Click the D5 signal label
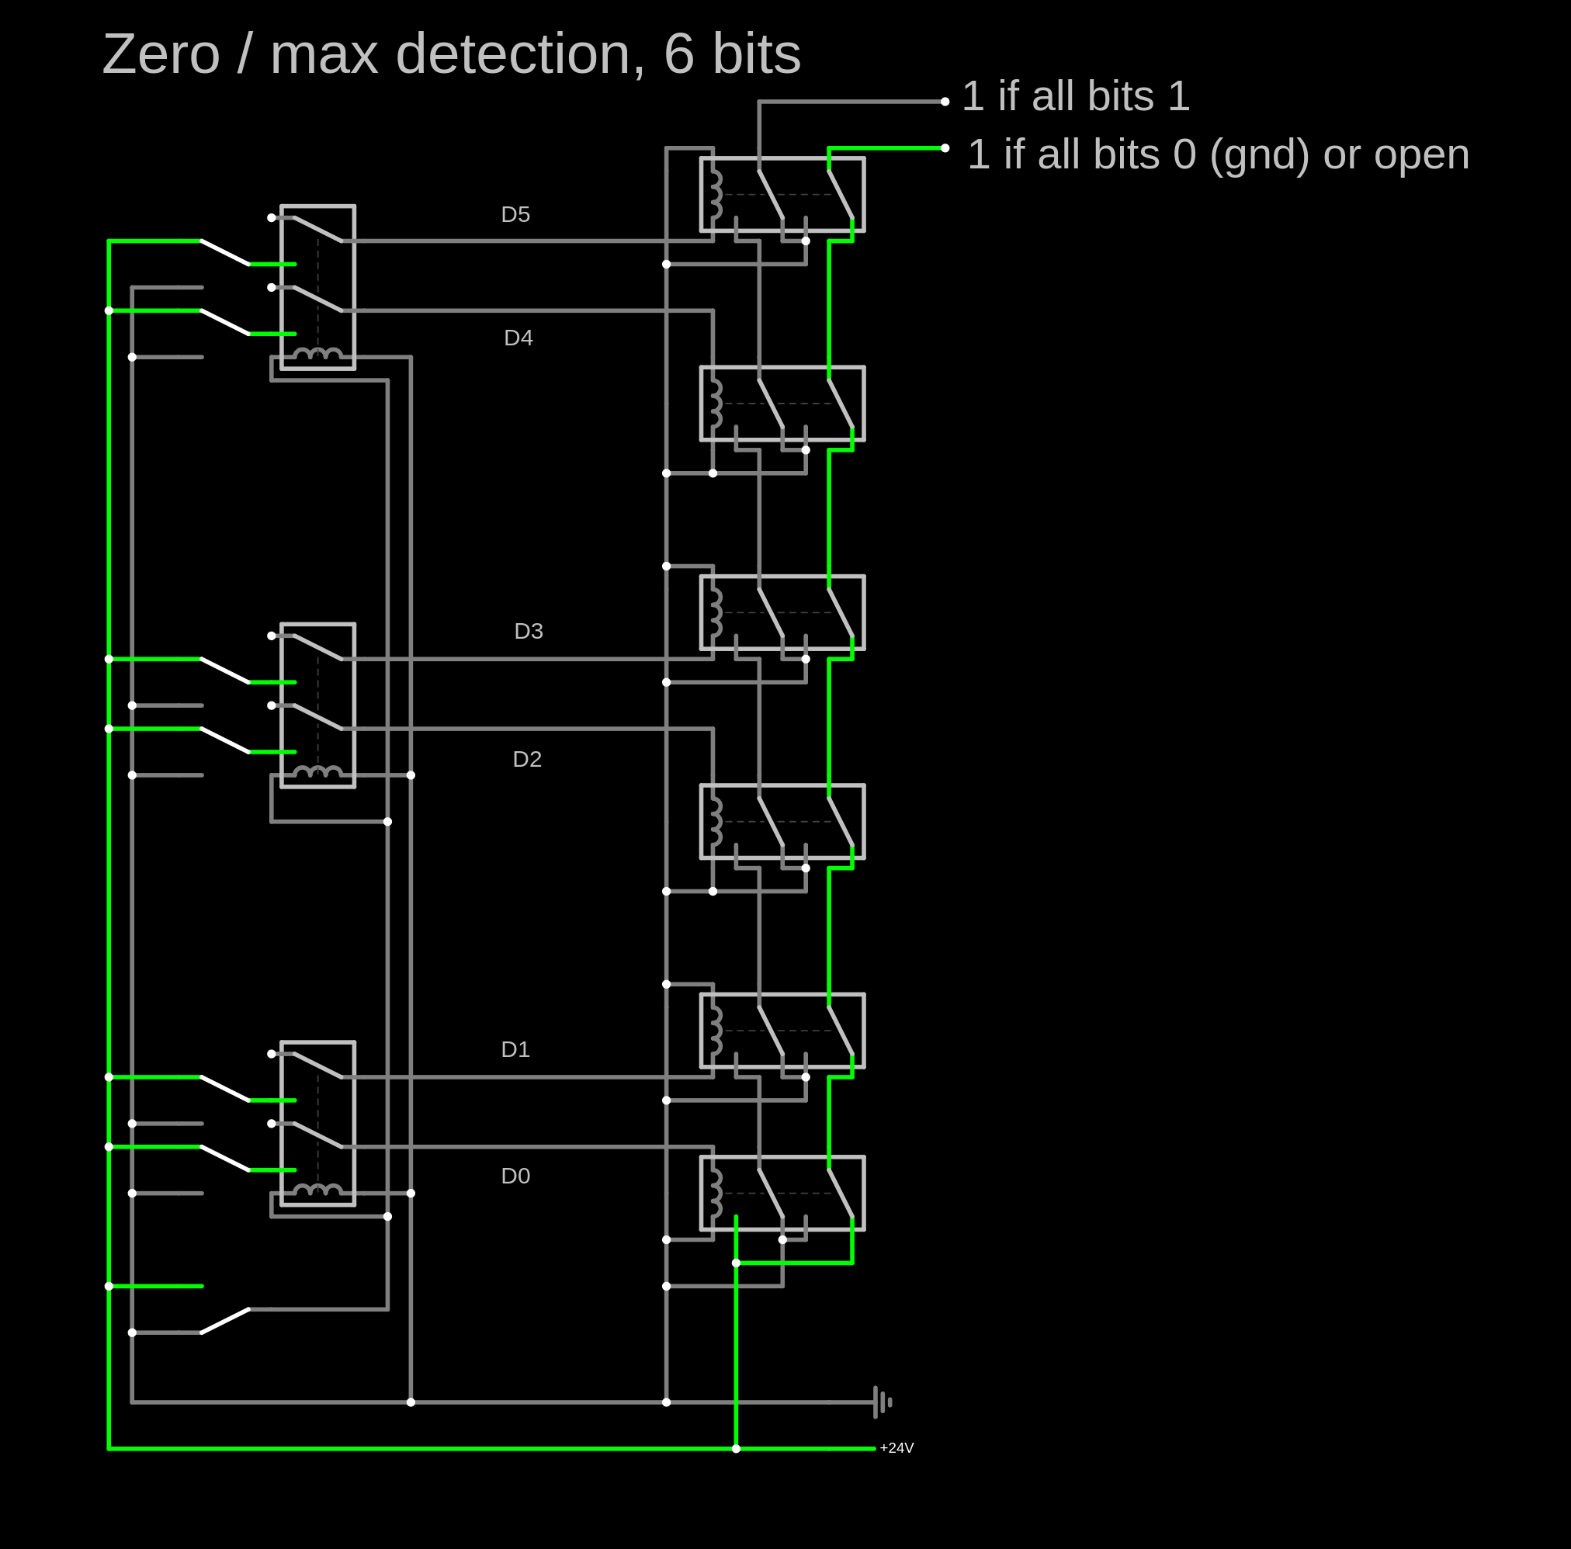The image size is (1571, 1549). coord(515,215)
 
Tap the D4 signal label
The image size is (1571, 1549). coord(518,338)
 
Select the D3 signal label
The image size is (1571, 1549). coord(529,631)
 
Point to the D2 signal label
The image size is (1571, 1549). coord(527,760)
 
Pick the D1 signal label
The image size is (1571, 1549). coord(515,1050)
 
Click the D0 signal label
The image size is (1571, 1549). coord(515,1176)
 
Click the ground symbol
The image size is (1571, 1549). coord(882,1402)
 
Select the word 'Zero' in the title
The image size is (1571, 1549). coord(161,54)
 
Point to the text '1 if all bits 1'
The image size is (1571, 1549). coord(1075,96)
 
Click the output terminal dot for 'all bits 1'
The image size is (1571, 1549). coord(945,102)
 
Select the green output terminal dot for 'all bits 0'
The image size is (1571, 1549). coord(945,148)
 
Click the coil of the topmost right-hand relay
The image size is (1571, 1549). coord(716,194)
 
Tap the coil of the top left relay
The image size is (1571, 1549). coord(317,354)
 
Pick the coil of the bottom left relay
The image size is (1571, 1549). coord(317,1190)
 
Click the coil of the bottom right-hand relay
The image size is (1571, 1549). coord(716,1194)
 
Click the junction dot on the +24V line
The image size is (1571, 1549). coord(736,1449)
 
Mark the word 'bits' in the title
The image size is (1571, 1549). coord(756,54)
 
